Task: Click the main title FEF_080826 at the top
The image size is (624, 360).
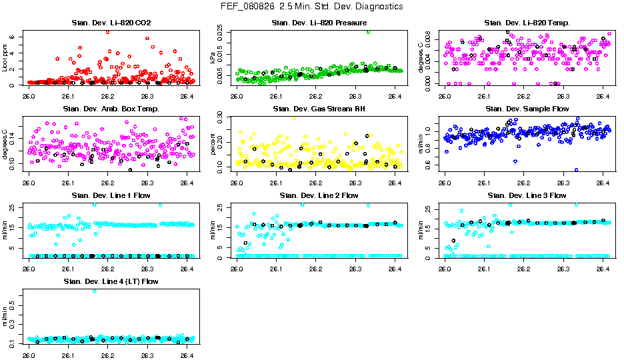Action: pyautogui.click(x=311, y=6)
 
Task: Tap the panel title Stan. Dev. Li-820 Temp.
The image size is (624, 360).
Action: pyautogui.click(x=527, y=23)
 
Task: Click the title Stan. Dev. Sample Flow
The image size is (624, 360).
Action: pyautogui.click(x=527, y=109)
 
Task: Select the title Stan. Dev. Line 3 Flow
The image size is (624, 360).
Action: pyautogui.click(x=527, y=195)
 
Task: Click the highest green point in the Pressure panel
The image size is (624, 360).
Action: pyautogui.click(x=368, y=31)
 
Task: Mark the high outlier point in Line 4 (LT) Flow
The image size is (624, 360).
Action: pyautogui.click(x=95, y=291)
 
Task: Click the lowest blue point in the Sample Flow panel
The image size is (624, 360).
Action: pyautogui.click(x=576, y=169)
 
